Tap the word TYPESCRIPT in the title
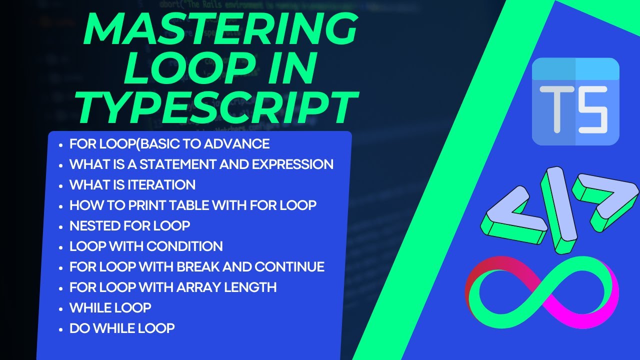[x=218, y=105]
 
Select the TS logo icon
[x=575, y=101]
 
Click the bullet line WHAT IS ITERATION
[x=132, y=185]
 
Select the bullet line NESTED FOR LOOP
[x=130, y=226]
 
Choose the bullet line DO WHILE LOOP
[x=122, y=328]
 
